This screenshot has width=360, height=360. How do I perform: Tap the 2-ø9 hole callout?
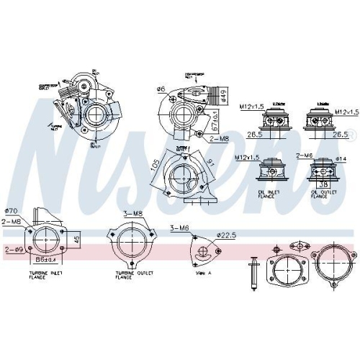point(14,249)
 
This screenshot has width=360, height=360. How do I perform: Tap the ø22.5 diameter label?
point(226,235)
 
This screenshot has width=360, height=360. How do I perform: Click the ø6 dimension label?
point(161,89)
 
